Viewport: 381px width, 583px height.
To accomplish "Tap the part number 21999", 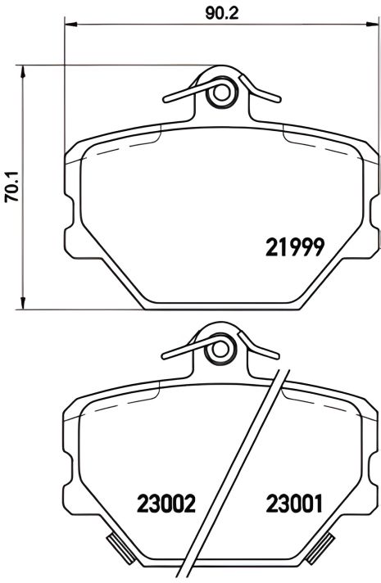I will (297, 246).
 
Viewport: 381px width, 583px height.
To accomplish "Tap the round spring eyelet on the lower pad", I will (220, 350).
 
